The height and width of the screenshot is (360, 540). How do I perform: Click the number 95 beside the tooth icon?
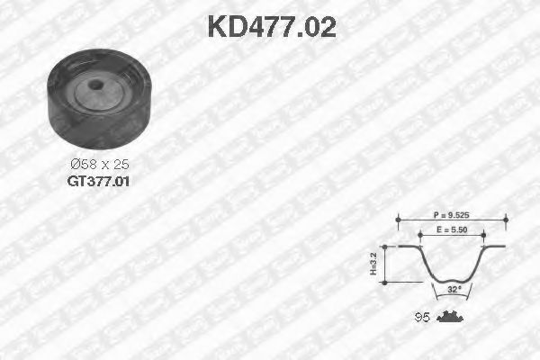[420, 316]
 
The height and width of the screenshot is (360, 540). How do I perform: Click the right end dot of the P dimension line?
[506, 219]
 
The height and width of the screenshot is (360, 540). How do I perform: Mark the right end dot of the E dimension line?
[484, 234]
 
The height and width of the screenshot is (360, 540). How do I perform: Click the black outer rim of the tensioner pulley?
[63, 103]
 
